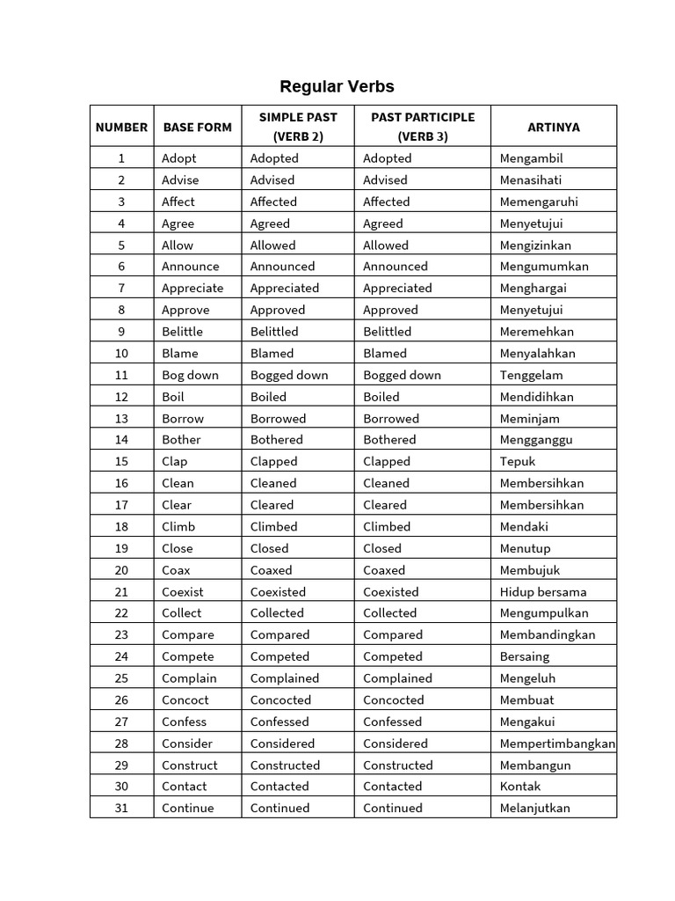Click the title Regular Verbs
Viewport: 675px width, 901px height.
tap(337, 86)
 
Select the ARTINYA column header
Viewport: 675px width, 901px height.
tap(553, 127)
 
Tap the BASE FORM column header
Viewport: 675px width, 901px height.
tap(197, 127)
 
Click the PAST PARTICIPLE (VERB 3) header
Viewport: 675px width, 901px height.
tap(422, 126)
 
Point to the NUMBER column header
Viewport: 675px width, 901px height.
tap(121, 127)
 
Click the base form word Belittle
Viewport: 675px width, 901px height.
tap(182, 332)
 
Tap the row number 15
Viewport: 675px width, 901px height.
tap(121, 461)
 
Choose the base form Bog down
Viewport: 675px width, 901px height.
tap(190, 375)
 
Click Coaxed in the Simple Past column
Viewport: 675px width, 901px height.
tap(271, 570)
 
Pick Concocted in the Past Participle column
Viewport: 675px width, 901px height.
tap(393, 700)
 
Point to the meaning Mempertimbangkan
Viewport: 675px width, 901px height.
tap(557, 744)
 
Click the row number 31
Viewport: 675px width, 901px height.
tap(121, 808)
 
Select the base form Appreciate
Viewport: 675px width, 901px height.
tap(192, 288)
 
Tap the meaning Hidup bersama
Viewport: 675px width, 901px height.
tap(542, 592)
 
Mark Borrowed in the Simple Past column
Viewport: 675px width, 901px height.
tap(278, 419)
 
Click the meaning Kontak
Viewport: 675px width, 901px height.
tap(520, 787)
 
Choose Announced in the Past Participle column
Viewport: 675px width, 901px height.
tap(396, 267)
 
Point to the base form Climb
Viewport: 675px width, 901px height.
tap(178, 527)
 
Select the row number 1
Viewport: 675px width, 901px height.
tap(121, 158)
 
